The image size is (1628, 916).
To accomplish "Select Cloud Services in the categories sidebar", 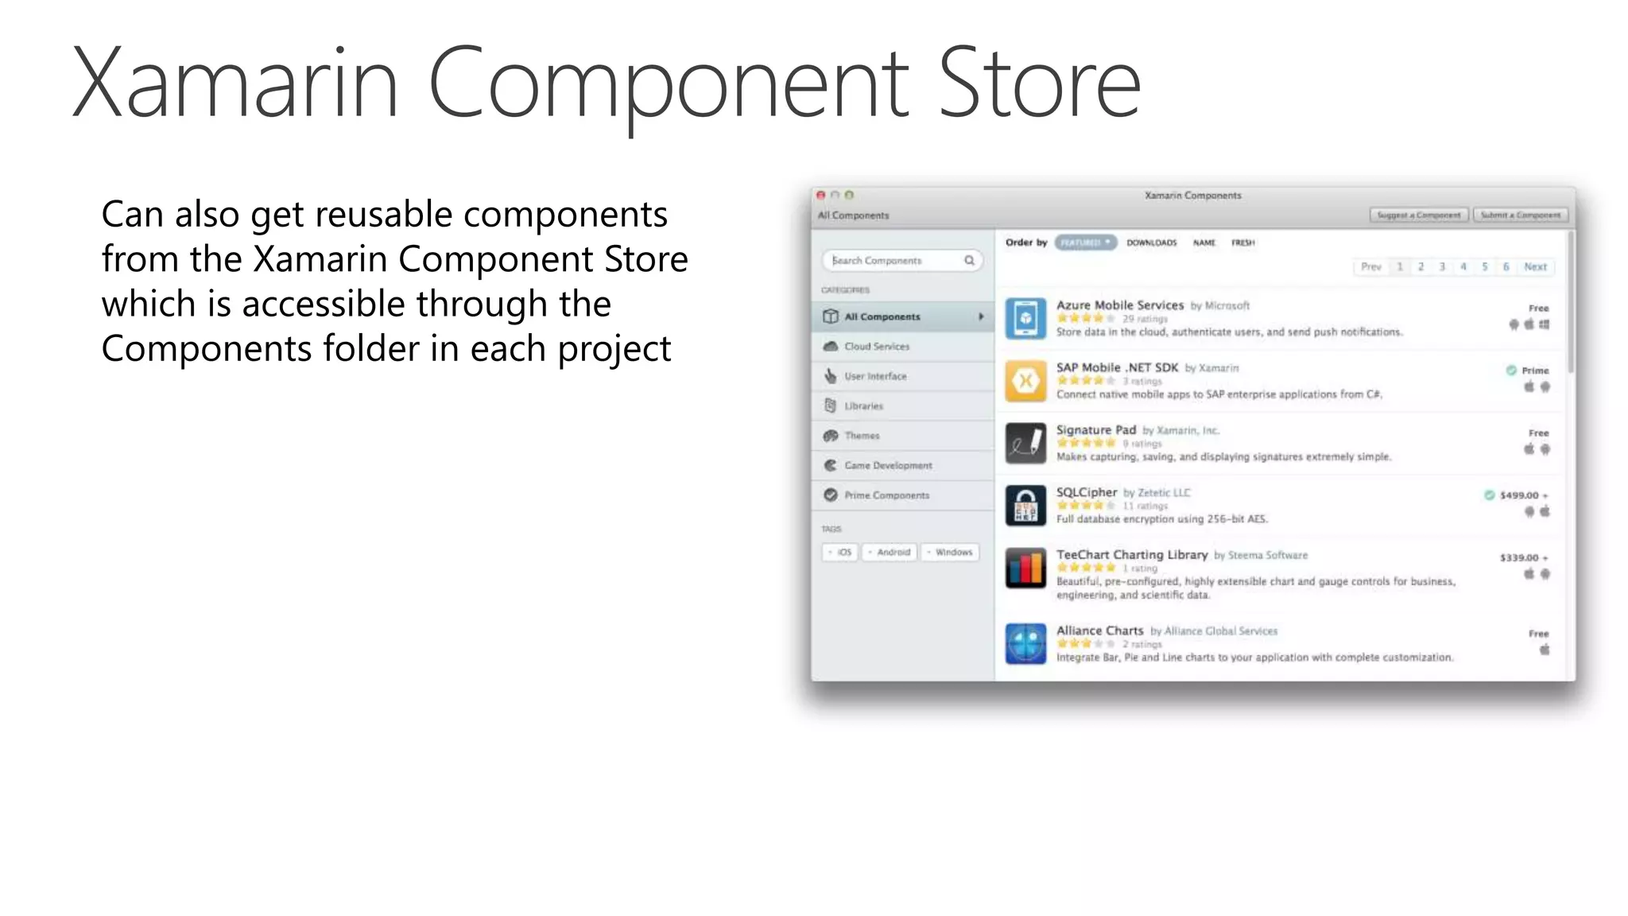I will click(877, 347).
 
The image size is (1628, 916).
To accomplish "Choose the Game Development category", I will click(888, 465).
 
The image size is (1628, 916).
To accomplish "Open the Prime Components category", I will click(886, 495).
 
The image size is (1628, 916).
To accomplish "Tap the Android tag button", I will click(890, 552).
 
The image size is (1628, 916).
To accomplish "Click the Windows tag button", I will click(951, 552).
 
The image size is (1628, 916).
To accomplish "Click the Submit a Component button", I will click(1520, 215).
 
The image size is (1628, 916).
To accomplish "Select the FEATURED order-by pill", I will click(1085, 243).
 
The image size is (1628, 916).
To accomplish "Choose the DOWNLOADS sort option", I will click(1151, 243).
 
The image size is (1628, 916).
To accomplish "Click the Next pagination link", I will click(1535, 267).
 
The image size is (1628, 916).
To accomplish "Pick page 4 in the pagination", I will click(1463, 267).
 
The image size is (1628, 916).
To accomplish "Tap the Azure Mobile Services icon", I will click(1025, 318).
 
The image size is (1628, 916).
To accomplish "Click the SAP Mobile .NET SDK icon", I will click(1025, 381).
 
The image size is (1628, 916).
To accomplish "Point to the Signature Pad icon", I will click(1025, 443).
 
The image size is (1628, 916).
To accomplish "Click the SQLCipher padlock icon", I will click(1025, 506).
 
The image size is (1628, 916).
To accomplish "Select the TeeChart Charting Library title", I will click(1131, 555).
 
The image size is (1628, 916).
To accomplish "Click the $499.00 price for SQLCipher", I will click(1518, 495).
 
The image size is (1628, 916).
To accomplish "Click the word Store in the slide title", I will click(1039, 83).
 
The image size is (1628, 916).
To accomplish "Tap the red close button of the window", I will click(820, 195).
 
